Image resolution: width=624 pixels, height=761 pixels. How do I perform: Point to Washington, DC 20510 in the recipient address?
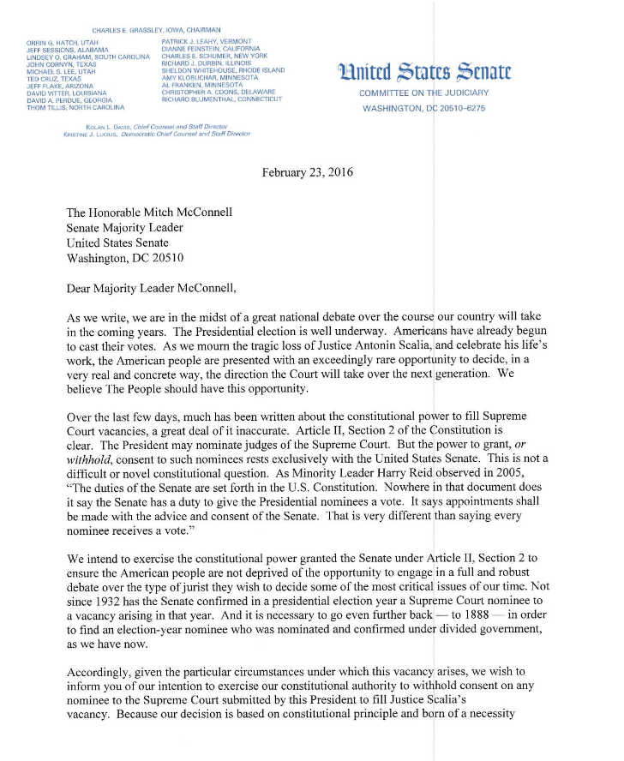point(124,257)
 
